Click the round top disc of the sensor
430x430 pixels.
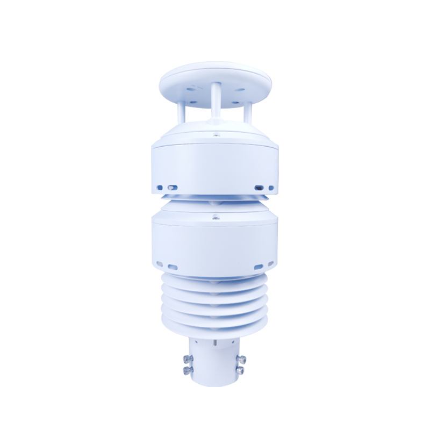point(215,78)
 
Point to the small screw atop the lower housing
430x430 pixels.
point(215,218)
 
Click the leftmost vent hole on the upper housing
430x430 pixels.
point(160,187)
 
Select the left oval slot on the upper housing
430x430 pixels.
point(172,187)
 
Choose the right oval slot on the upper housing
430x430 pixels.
point(259,187)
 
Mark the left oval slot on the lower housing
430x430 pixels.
point(173,266)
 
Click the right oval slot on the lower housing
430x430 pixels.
point(259,266)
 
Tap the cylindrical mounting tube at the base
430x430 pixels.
point(215,365)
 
